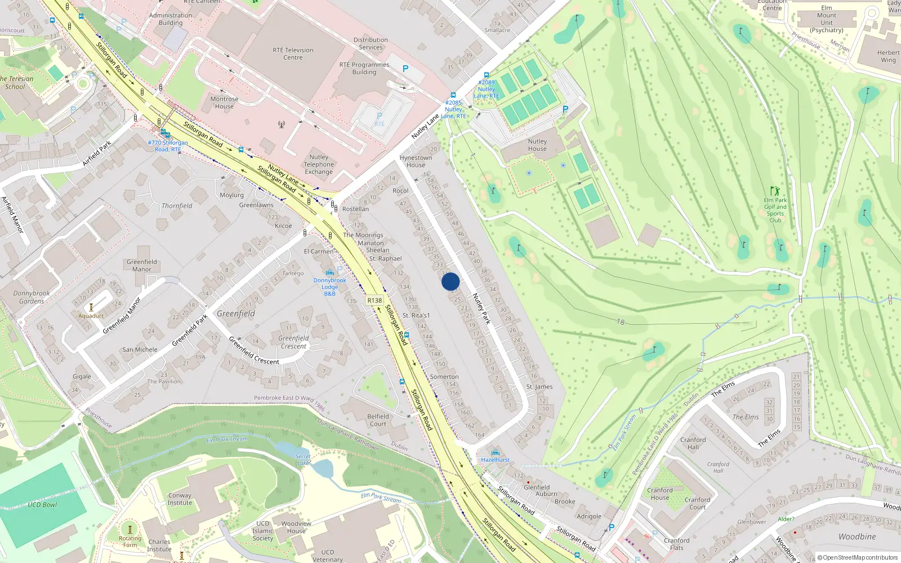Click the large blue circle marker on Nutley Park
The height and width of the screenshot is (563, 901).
(450, 281)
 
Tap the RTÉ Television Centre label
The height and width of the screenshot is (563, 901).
(293, 53)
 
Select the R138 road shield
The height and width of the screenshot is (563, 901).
(374, 300)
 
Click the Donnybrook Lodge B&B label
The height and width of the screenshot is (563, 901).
(330, 287)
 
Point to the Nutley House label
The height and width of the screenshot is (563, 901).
(537, 145)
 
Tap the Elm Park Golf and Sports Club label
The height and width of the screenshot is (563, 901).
(775, 210)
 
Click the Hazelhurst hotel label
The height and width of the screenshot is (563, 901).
(496, 460)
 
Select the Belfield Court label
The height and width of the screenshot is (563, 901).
(378, 420)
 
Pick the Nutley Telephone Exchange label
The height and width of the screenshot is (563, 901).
(319, 164)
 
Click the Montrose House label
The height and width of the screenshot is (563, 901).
(224, 102)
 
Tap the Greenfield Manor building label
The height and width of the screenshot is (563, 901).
(142, 265)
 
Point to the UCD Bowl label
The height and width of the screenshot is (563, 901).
(42, 504)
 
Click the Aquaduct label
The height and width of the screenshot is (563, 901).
(91, 316)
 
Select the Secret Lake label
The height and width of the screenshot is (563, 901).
(303, 459)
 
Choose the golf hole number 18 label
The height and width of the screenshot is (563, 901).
(620, 322)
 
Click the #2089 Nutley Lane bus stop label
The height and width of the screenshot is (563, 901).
(487, 89)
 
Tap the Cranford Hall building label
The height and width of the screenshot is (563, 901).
(693, 443)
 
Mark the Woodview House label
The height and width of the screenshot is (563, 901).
(296, 527)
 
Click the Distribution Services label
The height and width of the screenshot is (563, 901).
(371, 43)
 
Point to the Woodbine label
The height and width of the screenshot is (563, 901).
(857, 537)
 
